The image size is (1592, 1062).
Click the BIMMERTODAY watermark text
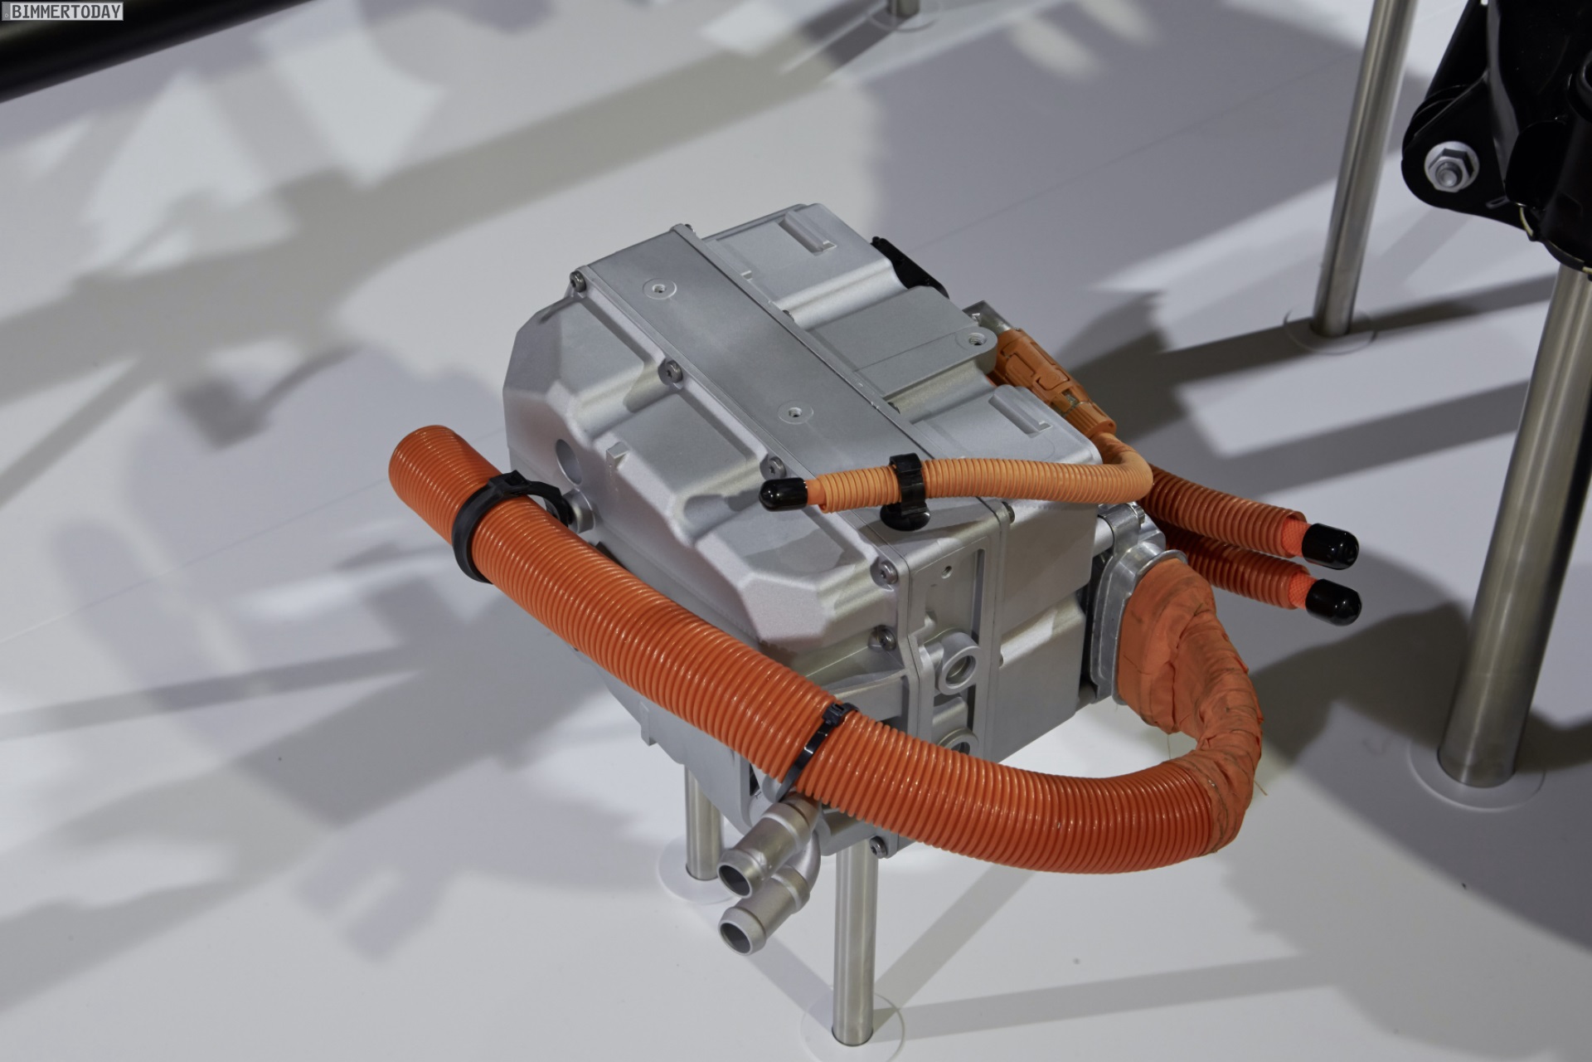tap(62, 11)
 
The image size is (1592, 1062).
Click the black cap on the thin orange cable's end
tap(780, 493)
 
